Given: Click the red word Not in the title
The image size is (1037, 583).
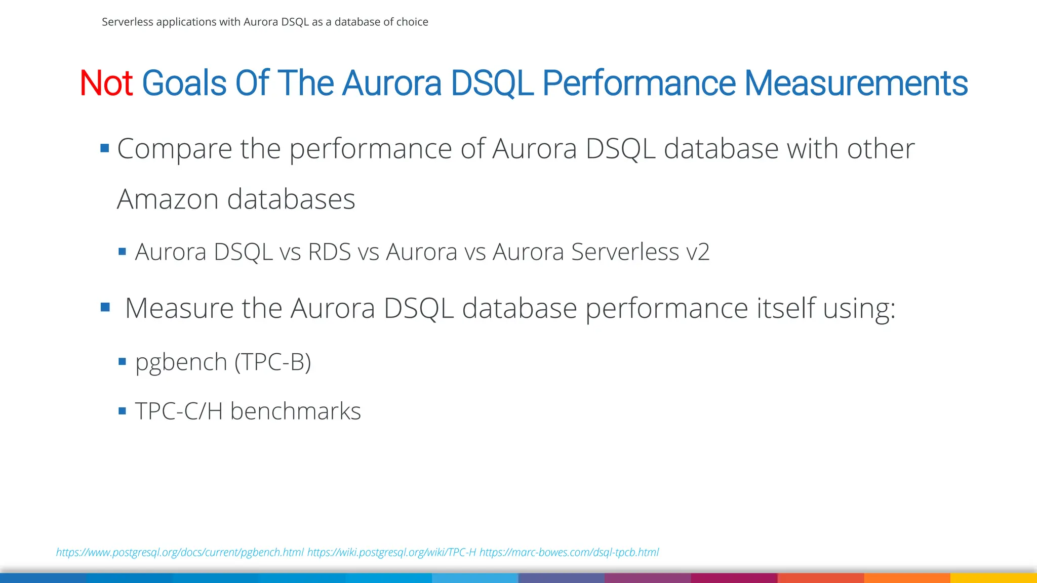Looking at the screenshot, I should [x=106, y=84].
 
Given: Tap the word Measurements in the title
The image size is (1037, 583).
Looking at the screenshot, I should [x=856, y=84].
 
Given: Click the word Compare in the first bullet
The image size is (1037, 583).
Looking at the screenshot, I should [x=174, y=149].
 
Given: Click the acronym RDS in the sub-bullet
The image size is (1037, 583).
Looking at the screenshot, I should [x=329, y=252].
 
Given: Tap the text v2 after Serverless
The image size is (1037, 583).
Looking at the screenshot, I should [x=698, y=252].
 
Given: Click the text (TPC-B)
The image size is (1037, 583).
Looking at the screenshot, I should [x=272, y=362].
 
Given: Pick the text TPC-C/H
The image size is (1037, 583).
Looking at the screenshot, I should [x=179, y=411].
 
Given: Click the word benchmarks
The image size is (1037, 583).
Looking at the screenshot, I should [x=296, y=411].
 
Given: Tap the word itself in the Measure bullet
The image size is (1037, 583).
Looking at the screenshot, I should [x=786, y=308].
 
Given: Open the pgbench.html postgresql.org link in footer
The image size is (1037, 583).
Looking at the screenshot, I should [x=180, y=552].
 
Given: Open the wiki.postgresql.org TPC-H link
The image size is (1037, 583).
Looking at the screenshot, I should [x=391, y=552].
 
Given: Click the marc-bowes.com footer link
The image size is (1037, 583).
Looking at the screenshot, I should [x=569, y=552].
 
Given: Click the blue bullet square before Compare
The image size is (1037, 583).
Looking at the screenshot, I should [x=105, y=148].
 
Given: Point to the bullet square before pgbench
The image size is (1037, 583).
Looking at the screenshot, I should [x=122, y=361].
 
